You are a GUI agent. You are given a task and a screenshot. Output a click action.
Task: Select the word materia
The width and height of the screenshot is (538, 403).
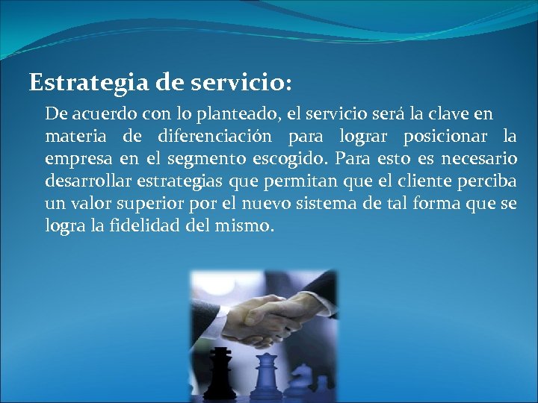coord(72,137)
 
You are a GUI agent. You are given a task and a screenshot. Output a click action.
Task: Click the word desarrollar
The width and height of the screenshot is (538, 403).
coord(87,181)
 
